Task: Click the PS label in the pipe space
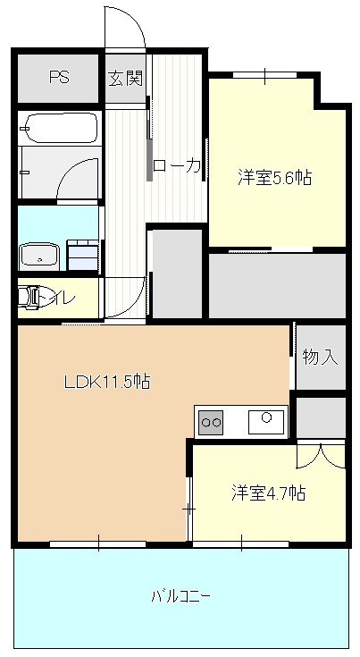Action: pos(58,77)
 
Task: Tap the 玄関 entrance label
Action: pos(126,77)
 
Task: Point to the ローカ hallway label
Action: pos(177,165)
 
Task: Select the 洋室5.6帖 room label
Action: pos(274,177)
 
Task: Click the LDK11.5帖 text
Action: pos(106,381)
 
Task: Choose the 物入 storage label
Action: pos(320,357)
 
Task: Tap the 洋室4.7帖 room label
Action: pos(269,492)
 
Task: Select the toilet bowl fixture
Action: pos(32,298)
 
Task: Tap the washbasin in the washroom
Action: pos(38,256)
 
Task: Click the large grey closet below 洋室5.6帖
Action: pos(277,285)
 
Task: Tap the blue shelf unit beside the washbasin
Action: pos(82,254)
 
